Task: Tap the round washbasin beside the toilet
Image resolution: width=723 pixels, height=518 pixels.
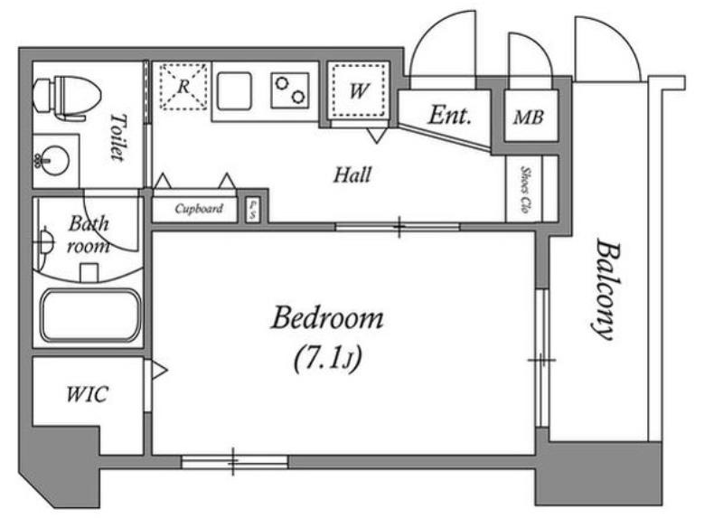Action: (52, 161)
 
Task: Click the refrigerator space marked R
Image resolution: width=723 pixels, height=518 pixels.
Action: (183, 86)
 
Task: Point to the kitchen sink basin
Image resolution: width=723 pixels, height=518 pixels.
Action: (235, 91)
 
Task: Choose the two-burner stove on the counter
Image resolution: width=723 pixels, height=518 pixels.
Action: (290, 90)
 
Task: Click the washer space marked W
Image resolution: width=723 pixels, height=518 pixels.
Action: (359, 90)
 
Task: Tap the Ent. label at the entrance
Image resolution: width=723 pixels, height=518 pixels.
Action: (449, 116)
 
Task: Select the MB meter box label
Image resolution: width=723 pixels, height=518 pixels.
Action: (529, 118)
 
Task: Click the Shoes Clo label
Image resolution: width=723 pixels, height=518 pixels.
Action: (524, 189)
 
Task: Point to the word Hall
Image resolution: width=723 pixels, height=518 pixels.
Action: (352, 174)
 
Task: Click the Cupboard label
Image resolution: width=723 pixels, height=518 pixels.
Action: (199, 209)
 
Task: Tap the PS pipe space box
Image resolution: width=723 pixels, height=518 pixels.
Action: (252, 211)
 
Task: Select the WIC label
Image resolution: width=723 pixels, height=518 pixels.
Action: (87, 394)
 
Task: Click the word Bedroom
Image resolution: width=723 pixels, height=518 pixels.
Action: (327, 318)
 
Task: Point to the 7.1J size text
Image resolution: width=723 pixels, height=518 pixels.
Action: (328, 357)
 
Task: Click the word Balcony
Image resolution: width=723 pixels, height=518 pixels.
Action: (605, 288)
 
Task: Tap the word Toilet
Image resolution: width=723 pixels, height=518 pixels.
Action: (117, 137)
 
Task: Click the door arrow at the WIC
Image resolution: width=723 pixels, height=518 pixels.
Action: (160, 370)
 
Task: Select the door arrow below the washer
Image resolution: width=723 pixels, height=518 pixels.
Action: (376, 137)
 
